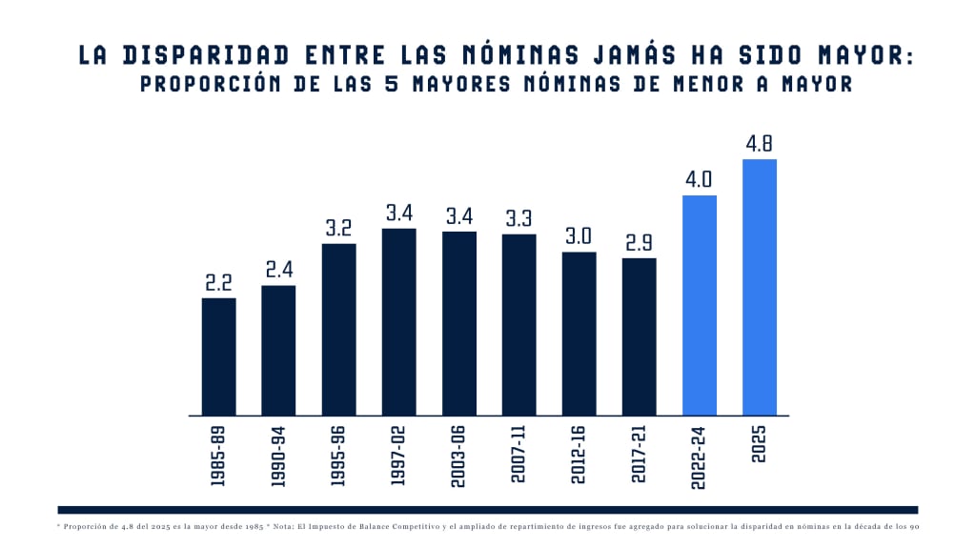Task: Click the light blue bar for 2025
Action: (x=760, y=287)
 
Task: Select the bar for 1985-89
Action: (x=218, y=356)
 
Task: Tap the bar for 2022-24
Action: (x=700, y=305)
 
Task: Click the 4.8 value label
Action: (x=760, y=145)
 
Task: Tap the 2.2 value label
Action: (x=218, y=283)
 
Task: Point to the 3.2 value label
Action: (x=338, y=229)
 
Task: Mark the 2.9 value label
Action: (x=640, y=243)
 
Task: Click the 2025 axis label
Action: (x=760, y=444)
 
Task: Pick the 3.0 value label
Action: (x=579, y=237)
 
